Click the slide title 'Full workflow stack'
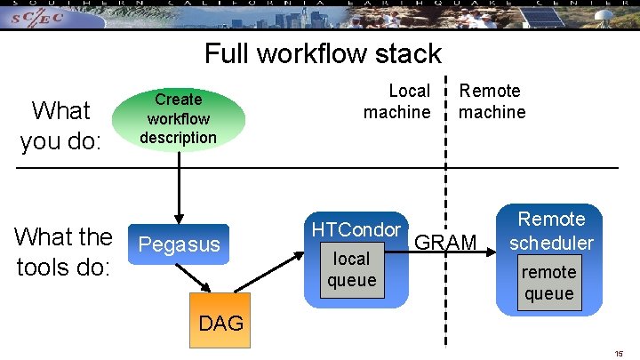(323, 53)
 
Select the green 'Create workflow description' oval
(179, 118)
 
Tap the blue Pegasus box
(180, 244)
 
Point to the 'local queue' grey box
(351, 269)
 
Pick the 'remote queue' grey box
(548, 283)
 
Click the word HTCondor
(356, 229)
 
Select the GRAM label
(445, 243)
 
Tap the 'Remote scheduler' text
(551, 230)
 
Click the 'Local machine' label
(397, 101)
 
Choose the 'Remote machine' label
(492, 101)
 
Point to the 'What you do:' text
(60, 125)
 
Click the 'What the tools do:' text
(63, 251)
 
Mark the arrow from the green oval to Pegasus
(179, 187)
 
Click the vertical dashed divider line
(445, 293)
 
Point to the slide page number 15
(619, 353)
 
